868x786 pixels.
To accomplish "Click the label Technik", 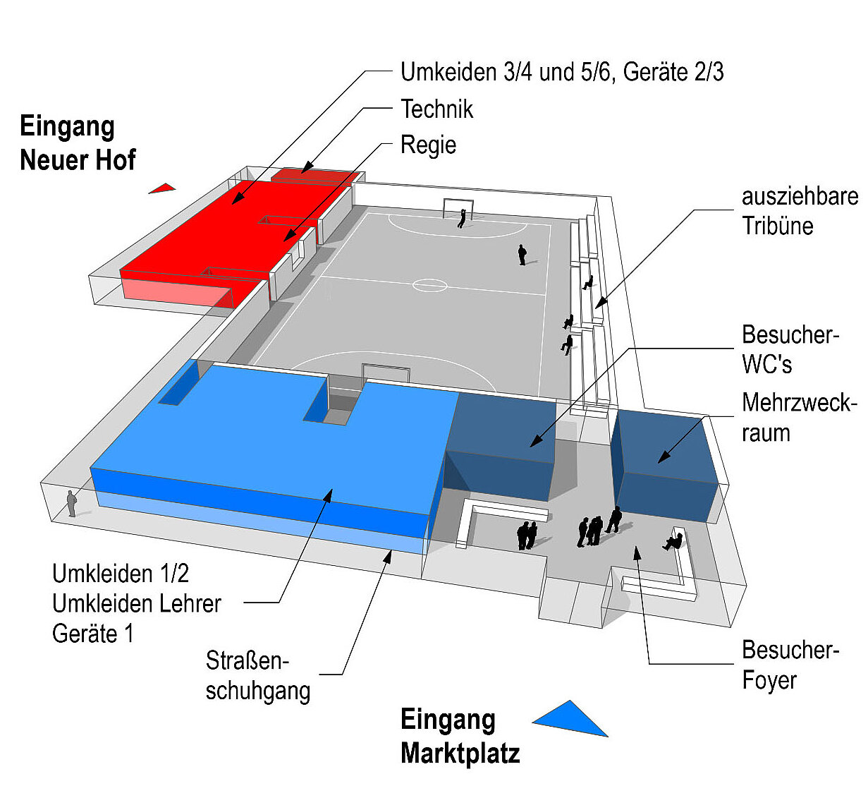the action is (437, 109).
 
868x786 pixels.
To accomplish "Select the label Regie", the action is (429, 145).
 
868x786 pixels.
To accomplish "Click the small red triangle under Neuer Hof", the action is (163, 188).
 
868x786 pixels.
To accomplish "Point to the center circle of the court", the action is (429, 285).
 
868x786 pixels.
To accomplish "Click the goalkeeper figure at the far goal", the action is (462, 218).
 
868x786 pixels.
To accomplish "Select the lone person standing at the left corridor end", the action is (71, 504).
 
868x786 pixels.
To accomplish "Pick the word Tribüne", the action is (778, 226).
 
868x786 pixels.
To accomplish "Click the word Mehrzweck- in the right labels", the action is (799, 403).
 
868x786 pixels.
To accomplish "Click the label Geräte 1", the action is (92, 634).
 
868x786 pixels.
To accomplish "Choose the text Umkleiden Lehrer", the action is (137, 604).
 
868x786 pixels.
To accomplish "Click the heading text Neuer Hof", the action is (78, 159).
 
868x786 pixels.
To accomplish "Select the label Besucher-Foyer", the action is (790, 665).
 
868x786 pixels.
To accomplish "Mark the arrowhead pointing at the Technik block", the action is (306, 168).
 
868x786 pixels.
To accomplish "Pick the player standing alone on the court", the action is (522, 255).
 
